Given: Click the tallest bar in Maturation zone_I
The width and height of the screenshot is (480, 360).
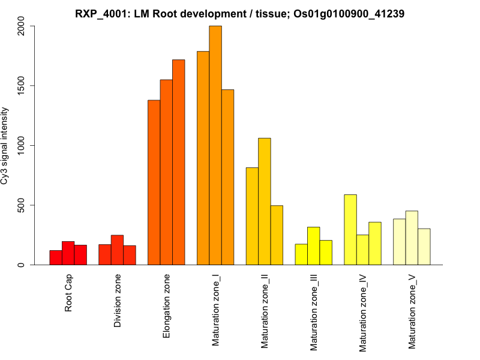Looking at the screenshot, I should [x=215, y=145].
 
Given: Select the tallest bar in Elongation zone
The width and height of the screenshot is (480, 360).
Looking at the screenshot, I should [x=178, y=162].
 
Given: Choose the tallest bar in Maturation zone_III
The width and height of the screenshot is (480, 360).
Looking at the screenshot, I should [x=313, y=246].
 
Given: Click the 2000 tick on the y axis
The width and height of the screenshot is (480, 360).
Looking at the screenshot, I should [x=24, y=26].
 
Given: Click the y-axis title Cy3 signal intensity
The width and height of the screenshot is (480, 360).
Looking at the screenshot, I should [x=6, y=145].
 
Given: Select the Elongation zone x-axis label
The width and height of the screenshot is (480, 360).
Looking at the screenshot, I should [x=167, y=306].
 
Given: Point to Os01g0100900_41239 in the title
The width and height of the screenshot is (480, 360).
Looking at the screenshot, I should [x=342, y=13].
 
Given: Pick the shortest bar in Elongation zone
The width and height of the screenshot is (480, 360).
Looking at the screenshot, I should [x=154, y=182].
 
